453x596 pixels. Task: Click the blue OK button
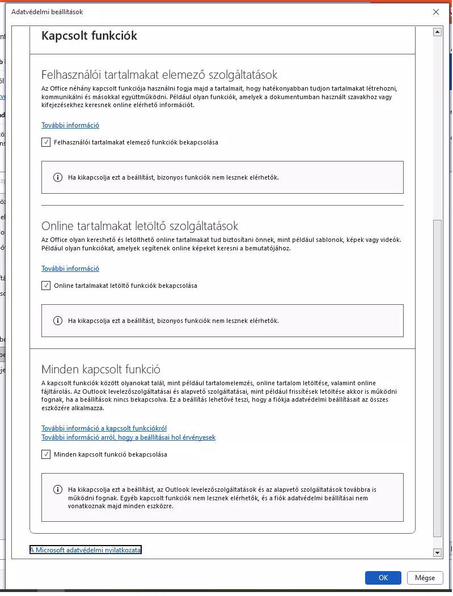pos(383,577)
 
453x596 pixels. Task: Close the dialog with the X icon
pos(435,11)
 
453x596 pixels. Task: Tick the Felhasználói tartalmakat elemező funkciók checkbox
pos(46,142)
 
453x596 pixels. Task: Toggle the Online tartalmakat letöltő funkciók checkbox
pos(46,286)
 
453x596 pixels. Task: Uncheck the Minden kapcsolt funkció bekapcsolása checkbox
pos(46,454)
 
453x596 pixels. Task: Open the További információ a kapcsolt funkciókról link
pos(104,428)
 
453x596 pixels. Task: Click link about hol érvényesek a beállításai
pos(128,437)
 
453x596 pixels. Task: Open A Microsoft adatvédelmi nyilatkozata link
pos(85,550)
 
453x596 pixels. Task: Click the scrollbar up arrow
pos(437,33)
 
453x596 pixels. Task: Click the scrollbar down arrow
pos(437,552)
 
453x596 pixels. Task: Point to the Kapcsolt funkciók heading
pos(90,36)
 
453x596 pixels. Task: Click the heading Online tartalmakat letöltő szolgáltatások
pos(140,226)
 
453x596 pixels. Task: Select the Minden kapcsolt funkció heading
pos(101,369)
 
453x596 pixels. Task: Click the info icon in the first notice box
pos(57,177)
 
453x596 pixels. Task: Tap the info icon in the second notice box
pos(57,321)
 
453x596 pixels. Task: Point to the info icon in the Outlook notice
pos(57,489)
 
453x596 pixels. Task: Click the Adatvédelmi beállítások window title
pos(43,11)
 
